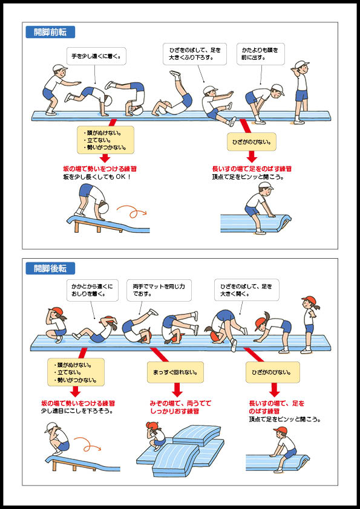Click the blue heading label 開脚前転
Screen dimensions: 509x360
tap(50, 32)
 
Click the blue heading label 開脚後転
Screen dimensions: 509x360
tap(50, 268)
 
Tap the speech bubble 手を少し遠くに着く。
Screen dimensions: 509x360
tap(96, 57)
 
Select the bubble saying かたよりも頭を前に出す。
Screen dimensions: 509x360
tap(261, 54)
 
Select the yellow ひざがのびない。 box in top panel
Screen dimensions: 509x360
tap(252, 143)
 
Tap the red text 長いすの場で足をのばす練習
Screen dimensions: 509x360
tap(252, 169)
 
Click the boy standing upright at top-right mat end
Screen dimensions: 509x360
tap(301, 91)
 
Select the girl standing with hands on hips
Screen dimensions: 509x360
tap(310, 324)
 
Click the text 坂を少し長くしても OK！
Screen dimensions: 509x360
tap(97, 178)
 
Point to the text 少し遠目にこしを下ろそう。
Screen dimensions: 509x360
tap(78, 411)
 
